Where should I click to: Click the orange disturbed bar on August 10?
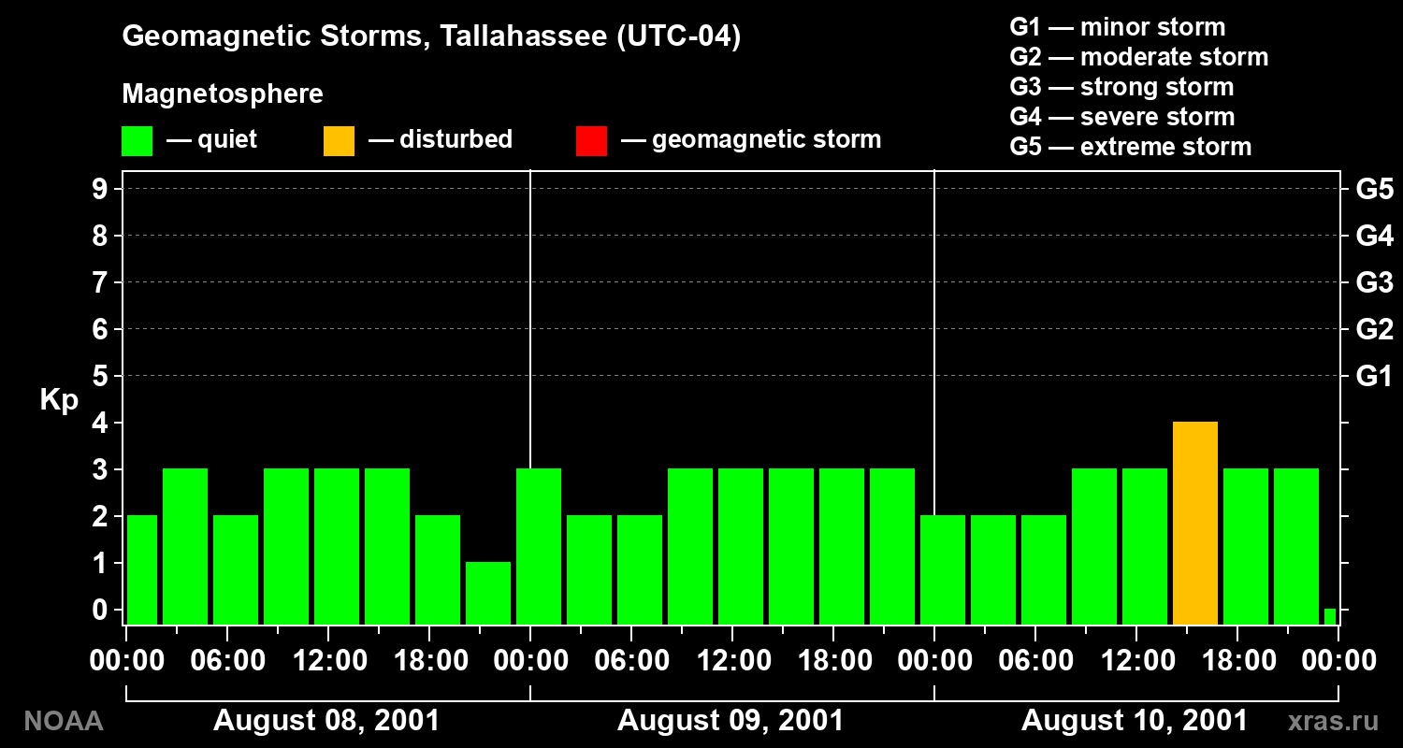(1195, 524)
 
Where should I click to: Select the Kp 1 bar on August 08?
(488, 594)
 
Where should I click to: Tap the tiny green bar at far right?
(1330, 616)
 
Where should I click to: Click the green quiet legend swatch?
(137, 141)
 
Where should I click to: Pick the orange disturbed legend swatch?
(339, 141)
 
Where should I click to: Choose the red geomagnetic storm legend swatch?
(591, 141)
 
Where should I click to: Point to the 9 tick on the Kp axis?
(99, 189)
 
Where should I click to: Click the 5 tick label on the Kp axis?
(99, 376)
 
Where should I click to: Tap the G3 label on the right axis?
(1375, 282)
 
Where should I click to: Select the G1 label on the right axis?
(1374, 376)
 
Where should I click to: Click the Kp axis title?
(59, 399)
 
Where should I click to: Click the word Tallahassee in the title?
(524, 36)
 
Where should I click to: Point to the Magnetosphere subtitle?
(223, 93)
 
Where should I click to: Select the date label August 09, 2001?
(730, 721)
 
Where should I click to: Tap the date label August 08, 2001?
(326, 721)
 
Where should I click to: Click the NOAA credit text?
(64, 721)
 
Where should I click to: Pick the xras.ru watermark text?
(1334, 721)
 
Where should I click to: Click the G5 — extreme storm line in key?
(1131, 147)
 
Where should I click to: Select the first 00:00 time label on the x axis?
(126, 660)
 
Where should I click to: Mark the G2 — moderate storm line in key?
(1138, 57)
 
